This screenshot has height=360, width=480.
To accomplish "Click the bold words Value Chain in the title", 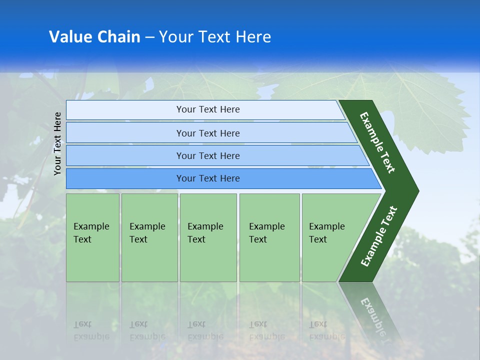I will [x=94, y=37].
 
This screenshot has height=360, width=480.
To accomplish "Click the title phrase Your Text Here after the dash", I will [x=215, y=37].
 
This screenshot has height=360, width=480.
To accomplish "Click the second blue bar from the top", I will [x=207, y=133].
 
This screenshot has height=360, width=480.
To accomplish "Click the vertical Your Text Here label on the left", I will [x=58, y=143].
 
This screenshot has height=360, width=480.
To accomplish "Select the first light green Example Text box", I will [x=92, y=237].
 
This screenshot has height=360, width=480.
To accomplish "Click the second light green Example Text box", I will [x=149, y=237].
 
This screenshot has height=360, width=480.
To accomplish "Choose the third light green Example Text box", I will [x=208, y=237].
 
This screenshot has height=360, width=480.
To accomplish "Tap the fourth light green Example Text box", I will [x=269, y=237].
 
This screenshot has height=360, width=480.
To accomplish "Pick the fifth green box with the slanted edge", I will [x=330, y=237].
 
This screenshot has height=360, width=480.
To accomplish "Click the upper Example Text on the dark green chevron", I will [x=378, y=142].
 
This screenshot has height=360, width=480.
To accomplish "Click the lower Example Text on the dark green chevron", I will [x=379, y=236].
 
